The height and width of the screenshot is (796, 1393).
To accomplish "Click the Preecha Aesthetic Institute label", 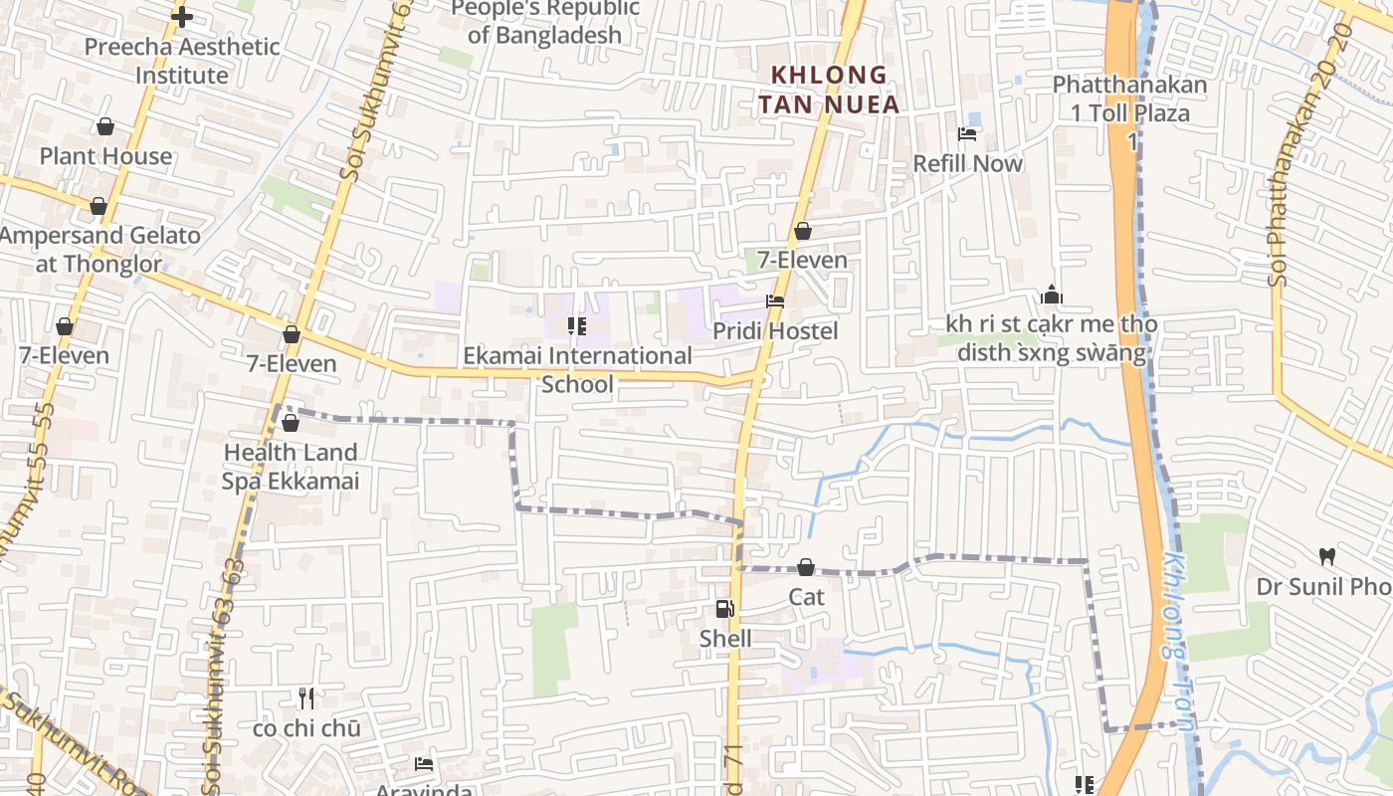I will [182, 61].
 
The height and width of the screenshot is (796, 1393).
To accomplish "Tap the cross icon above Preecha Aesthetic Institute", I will [182, 16].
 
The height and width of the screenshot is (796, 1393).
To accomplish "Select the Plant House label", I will [105, 156].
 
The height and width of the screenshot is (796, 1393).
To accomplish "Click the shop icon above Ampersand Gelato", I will [99, 206].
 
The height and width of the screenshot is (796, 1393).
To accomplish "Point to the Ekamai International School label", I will [577, 369].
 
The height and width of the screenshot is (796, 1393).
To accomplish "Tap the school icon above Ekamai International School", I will [576, 325].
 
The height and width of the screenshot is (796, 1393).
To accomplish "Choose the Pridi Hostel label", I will [775, 330].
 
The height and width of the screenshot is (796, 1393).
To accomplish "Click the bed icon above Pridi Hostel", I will [775, 301].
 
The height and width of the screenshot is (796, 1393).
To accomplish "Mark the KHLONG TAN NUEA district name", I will [829, 89].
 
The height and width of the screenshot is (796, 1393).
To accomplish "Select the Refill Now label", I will [967, 163].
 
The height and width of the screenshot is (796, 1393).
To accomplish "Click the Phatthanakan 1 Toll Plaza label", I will [1130, 99].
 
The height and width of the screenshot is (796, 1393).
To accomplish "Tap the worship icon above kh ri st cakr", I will [1052, 296].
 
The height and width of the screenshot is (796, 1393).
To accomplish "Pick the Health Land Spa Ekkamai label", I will [291, 467].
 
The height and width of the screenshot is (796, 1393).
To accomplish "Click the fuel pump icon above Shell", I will [725, 609].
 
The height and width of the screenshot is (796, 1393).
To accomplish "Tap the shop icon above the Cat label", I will [806, 567].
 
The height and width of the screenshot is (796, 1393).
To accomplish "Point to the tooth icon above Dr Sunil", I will [1326, 556].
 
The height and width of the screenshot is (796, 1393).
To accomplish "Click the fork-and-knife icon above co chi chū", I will [306, 698].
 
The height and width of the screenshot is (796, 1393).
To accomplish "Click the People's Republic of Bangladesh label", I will [544, 22].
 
